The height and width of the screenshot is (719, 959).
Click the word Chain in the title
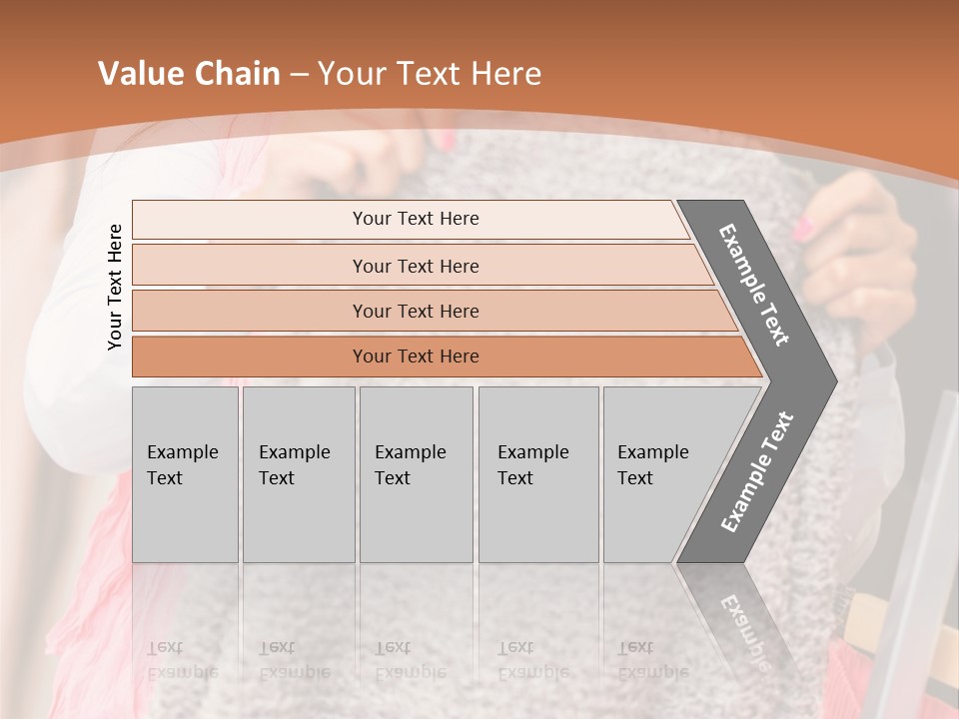point(236,74)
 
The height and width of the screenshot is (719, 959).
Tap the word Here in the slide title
point(505,74)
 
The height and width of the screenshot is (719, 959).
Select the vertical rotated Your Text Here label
point(115,287)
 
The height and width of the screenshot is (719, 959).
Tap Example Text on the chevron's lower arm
point(757,472)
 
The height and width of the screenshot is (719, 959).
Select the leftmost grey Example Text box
point(185,474)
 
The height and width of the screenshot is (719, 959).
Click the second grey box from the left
point(299,474)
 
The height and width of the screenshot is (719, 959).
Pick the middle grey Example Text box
point(416,474)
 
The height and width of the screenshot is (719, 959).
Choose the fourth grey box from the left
point(538,474)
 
